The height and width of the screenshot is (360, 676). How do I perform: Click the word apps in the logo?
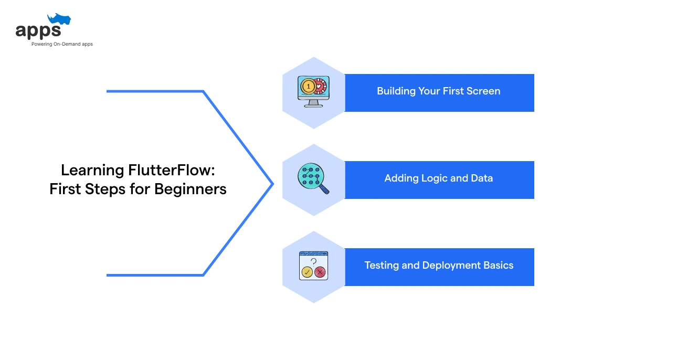(38, 31)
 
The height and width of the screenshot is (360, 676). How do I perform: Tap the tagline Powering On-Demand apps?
(62, 44)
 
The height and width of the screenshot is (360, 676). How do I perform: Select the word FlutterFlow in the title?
(168, 170)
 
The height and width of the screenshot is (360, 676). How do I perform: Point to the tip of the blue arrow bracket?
(272, 184)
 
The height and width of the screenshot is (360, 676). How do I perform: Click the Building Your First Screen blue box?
(439, 92)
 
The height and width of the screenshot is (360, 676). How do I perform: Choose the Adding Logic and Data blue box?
(439, 179)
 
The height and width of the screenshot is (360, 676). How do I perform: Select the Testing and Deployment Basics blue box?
(439, 267)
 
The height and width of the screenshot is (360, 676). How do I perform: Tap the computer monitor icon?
(313, 92)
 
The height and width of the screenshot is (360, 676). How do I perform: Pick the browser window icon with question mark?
(313, 266)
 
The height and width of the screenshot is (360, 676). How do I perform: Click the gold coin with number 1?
(308, 86)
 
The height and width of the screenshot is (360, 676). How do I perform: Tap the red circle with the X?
(320, 272)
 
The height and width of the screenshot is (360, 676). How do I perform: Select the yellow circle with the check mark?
(307, 272)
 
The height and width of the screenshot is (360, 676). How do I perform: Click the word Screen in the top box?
(484, 91)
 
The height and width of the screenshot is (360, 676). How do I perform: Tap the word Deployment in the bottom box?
(450, 266)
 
